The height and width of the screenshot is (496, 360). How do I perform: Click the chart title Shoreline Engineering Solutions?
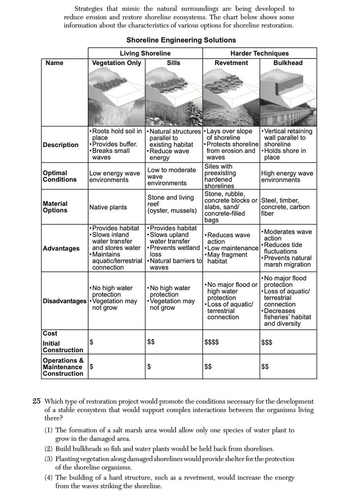tap(181, 40)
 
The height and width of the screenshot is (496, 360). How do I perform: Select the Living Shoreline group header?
tap(145, 53)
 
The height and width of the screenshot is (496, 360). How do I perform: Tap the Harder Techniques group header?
tap(259, 53)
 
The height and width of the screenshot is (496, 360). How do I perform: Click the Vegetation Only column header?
tap(116, 63)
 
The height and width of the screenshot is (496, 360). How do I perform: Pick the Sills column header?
tap(174, 63)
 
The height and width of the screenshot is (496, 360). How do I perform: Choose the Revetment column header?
tap(231, 63)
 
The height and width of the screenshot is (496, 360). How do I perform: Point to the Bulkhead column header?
tap(288, 63)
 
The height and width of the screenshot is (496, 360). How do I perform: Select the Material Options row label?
tap(55, 207)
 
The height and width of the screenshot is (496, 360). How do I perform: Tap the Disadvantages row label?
tap(64, 301)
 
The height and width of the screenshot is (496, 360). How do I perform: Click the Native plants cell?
tap(108, 208)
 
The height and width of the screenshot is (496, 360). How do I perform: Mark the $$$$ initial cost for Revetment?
tap(212, 342)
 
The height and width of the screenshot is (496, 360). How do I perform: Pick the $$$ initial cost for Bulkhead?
tap(267, 342)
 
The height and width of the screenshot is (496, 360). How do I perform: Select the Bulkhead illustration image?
tap(288, 97)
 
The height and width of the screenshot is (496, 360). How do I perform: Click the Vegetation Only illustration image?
tap(116, 97)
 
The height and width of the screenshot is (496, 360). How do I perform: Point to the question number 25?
tap(36, 401)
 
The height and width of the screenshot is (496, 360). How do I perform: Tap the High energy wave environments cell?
tap(287, 177)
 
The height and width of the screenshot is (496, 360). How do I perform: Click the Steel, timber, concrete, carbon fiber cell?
tap(285, 207)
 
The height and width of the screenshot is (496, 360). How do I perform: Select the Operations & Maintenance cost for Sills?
tap(149, 367)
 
